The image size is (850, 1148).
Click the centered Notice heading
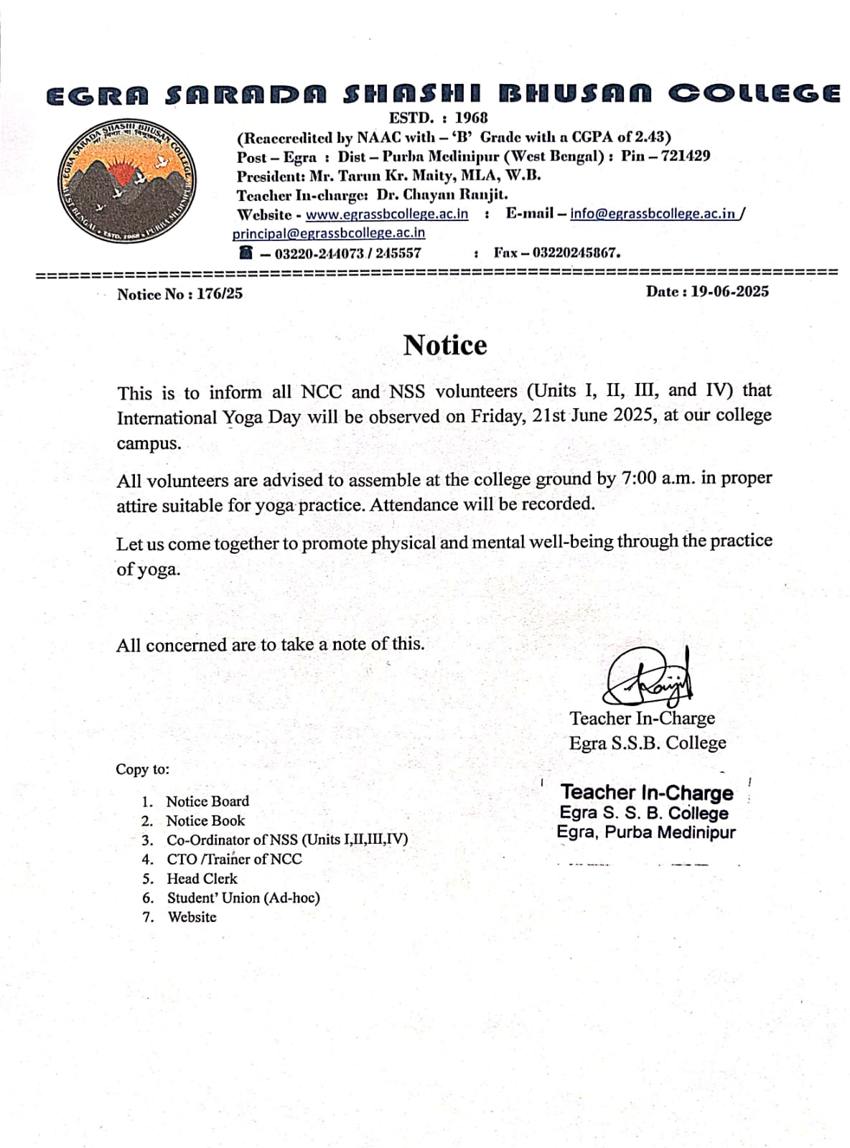[445, 345]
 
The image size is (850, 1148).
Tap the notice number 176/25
[220, 293]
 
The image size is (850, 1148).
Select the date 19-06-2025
[729, 291]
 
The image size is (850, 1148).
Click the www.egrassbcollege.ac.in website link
[387, 214]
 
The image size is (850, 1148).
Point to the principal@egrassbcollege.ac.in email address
[329, 233]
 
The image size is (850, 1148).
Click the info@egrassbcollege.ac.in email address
[653, 213]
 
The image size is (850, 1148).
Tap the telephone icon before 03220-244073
[246, 253]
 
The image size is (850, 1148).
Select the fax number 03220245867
[576, 253]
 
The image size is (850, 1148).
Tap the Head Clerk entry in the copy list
[202, 878]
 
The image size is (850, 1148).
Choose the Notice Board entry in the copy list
[207, 801]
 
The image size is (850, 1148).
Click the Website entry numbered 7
[192, 917]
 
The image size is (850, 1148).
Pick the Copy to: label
[143, 769]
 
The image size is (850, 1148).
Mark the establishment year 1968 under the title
[471, 118]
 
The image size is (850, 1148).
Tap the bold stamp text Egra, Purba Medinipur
[646, 832]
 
